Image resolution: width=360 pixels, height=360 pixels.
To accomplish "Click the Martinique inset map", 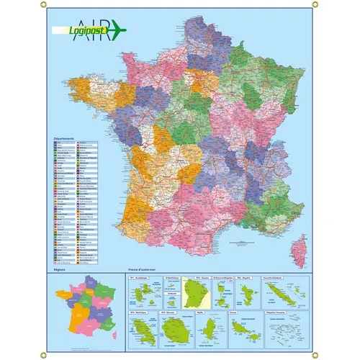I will coord(141,330).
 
